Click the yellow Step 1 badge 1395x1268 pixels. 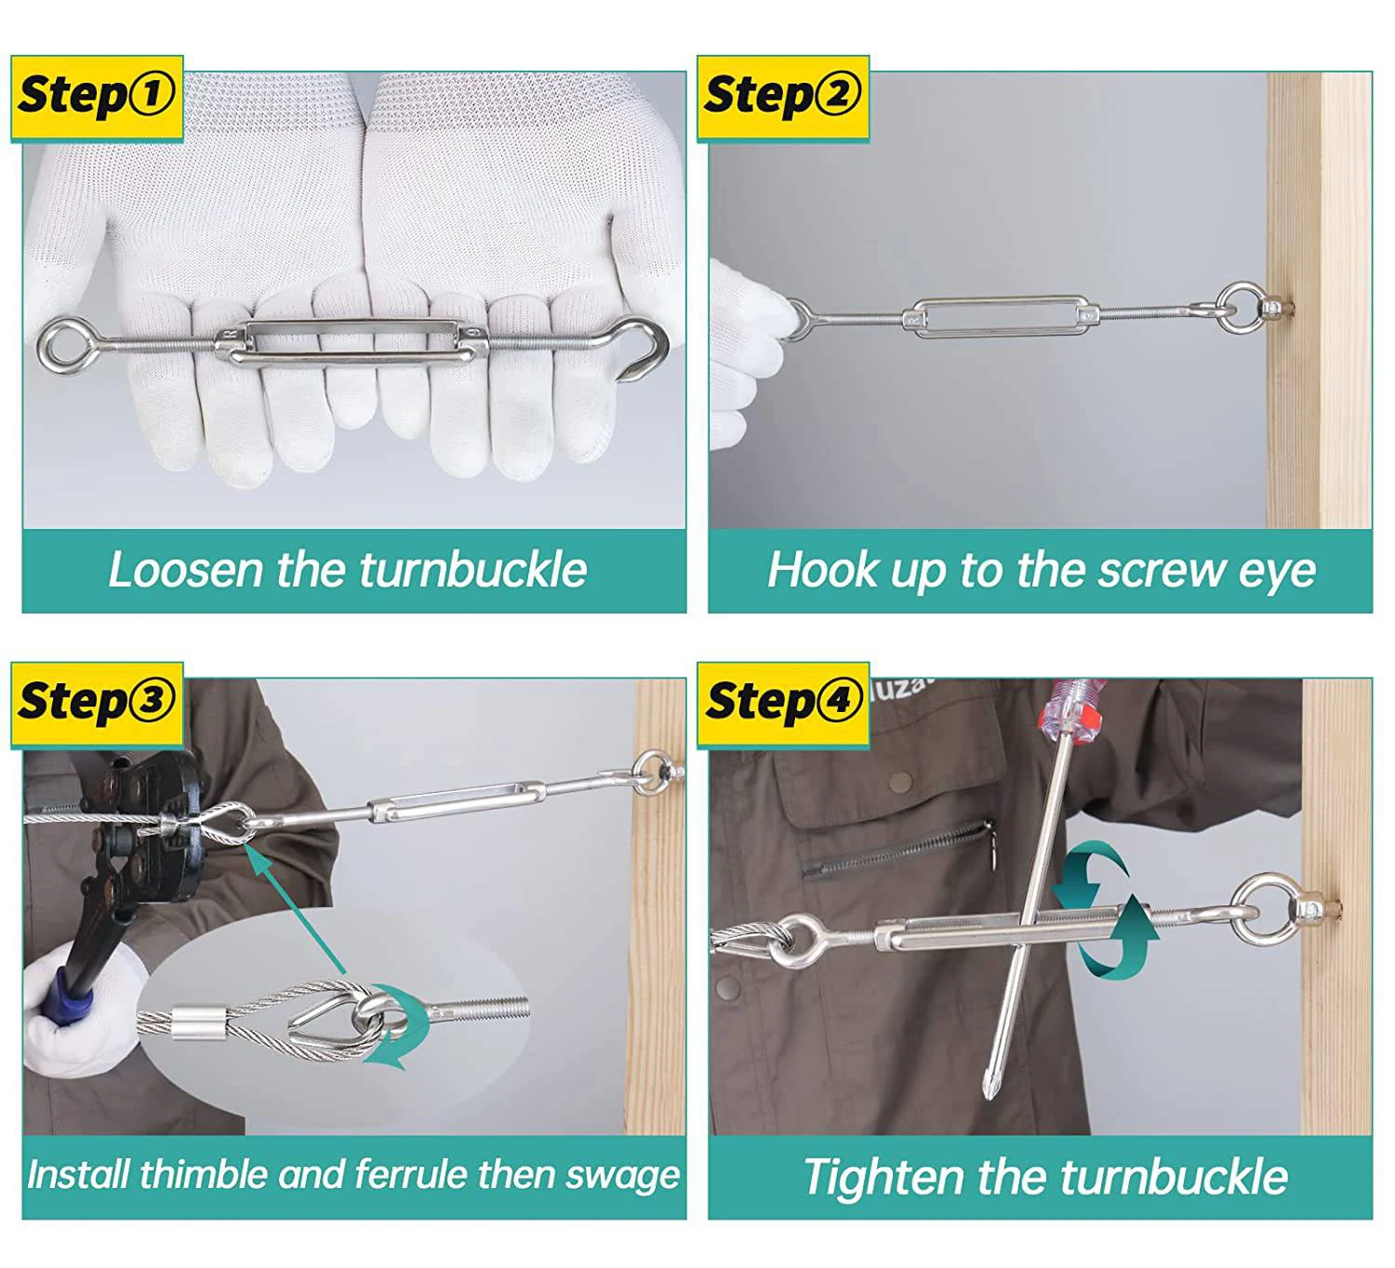pyautogui.click(x=97, y=99)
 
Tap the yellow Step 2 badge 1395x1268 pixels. pyautogui.click(x=783, y=99)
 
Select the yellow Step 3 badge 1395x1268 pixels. pyautogui.click(x=97, y=705)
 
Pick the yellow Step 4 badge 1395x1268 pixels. pyautogui.click(x=783, y=705)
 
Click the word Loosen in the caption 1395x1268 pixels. pyautogui.click(x=185, y=570)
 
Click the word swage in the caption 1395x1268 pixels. pyautogui.click(x=621, y=1176)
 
